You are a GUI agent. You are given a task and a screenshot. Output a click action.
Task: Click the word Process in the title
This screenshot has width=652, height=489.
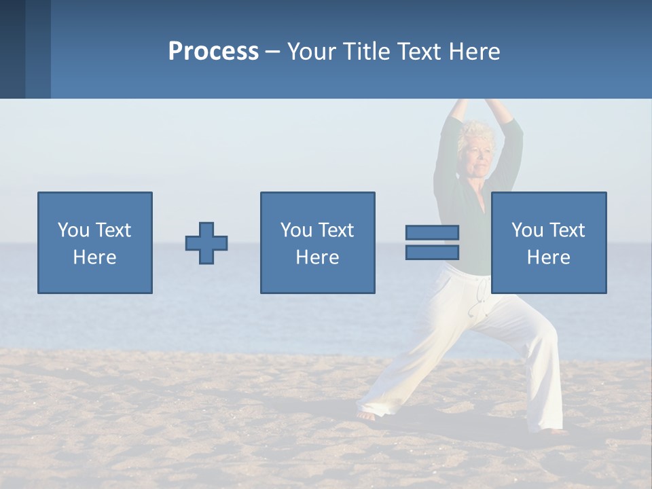tap(213, 51)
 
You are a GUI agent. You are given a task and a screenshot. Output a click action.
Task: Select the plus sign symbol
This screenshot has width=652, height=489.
tap(206, 243)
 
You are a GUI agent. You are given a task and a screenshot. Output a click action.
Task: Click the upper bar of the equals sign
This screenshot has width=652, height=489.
tap(432, 232)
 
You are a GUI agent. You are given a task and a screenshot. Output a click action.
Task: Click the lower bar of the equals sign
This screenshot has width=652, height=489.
tap(432, 253)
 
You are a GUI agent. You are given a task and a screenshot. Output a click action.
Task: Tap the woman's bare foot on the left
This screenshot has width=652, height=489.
tap(367, 415)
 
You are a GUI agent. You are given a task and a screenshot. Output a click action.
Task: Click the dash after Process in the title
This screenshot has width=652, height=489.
tap(272, 52)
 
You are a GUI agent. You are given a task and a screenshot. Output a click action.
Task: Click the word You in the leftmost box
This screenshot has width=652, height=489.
tap(73, 230)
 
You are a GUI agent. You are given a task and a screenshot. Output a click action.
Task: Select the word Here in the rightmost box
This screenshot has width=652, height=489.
tap(549, 257)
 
